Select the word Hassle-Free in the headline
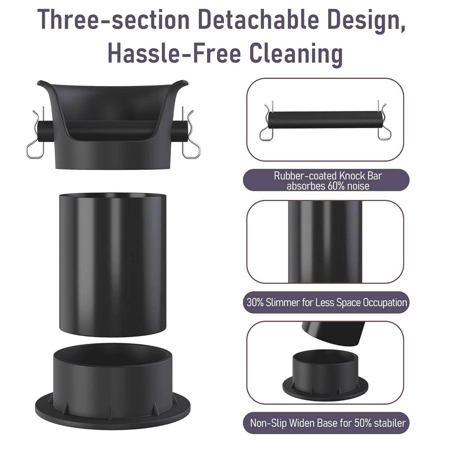(174, 53)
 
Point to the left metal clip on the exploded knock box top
(35, 134)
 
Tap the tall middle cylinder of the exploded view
(112, 265)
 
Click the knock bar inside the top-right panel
(325, 120)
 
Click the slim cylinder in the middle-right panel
(325, 242)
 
